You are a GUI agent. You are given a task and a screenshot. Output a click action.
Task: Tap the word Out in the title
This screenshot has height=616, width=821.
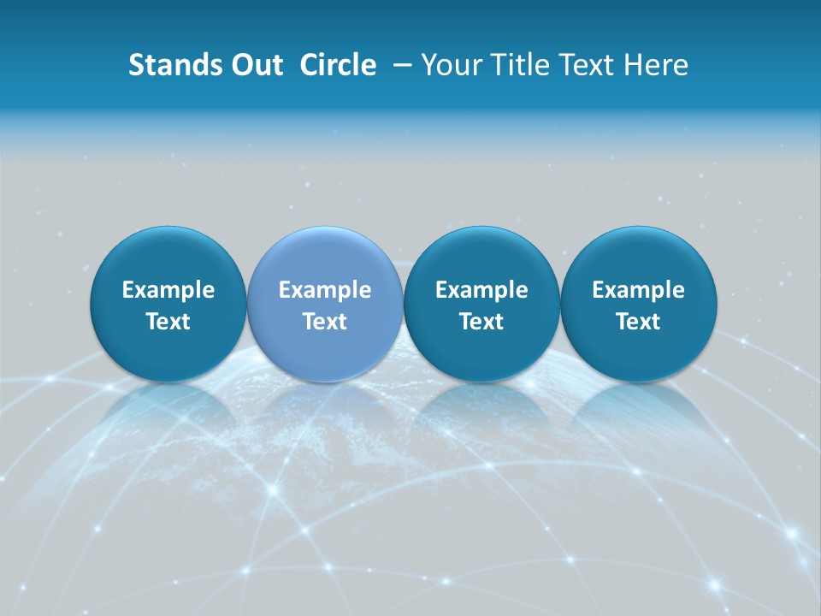coord(256,65)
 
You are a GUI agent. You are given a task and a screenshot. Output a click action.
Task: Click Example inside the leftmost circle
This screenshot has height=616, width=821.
coord(168,290)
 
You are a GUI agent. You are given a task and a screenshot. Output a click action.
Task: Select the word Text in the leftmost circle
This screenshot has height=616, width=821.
coord(168,322)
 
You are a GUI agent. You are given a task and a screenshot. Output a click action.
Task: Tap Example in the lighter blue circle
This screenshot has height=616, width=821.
coord(325,290)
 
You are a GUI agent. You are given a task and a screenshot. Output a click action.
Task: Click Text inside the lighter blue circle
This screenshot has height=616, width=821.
coord(325,322)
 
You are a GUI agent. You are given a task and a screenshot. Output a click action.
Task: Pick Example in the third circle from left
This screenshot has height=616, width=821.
coord(481,290)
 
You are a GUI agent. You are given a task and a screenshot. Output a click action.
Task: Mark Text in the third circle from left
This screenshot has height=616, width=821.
coord(481,322)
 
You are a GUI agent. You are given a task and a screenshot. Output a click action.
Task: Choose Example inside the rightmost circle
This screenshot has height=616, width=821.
coord(639,290)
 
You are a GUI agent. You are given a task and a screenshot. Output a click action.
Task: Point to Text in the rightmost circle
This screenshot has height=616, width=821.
coord(639,322)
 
